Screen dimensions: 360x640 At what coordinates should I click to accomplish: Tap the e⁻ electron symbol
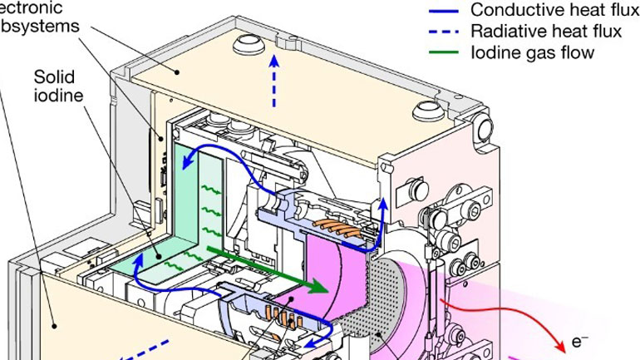tap(580, 341)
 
